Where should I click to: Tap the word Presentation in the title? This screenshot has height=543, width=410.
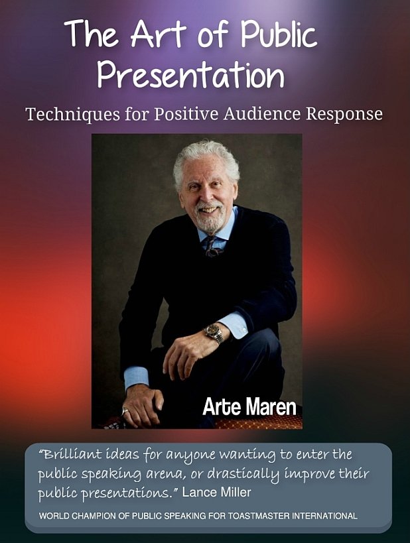pyautogui.click(x=190, y=74)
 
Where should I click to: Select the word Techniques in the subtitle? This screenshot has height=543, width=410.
pyautogui.click(x=73, y=115)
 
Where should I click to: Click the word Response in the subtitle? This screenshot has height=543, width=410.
pyautogui.click(x=344, y=115)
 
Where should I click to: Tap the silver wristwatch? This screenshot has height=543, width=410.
pyautogui.click(x=214, y=333)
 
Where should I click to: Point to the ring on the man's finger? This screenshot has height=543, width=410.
pyautogui.click(x=125, y=411)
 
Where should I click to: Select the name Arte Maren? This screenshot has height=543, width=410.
pyautogui.click(x=249, y=406)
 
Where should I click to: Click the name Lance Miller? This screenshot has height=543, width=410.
pyautogui.click(x=217, y=492)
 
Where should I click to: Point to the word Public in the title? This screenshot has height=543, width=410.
pyautogui.click(x=279, y=34)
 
